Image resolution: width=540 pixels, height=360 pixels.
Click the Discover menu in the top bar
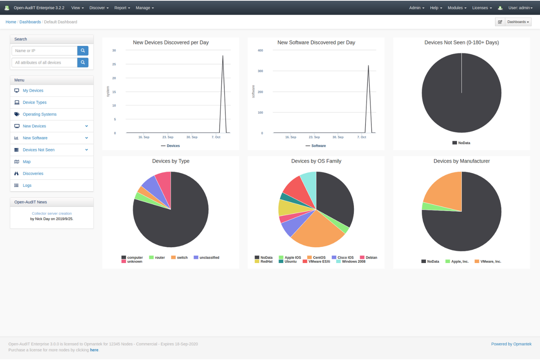click(x=99, y=8)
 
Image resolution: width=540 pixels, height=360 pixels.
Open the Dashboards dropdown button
click(x=518, y=22)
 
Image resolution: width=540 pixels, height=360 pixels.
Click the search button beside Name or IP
click(x=83, y=51)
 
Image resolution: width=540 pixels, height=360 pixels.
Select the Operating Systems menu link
click(x=39, y=114)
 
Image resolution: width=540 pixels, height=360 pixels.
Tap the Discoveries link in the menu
click(x=33, y=174)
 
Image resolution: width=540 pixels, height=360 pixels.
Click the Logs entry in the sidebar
click(x=27, y=185)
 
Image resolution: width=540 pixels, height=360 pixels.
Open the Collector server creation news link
click(x=52, y=213)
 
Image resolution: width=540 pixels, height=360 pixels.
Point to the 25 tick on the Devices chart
click(x=114, y=64)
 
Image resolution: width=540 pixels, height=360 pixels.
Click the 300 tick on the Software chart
click(x=260, y=71)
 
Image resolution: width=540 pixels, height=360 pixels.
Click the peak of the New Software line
click(x=368, y=66)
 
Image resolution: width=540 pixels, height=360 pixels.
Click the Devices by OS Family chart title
click(x=316, y=161)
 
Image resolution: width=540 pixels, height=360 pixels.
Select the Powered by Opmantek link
click(x=511, y=344)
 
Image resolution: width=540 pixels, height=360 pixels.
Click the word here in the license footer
click(x=94, y=350)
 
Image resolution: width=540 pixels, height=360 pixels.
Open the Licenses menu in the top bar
click(x=482, y=8)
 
